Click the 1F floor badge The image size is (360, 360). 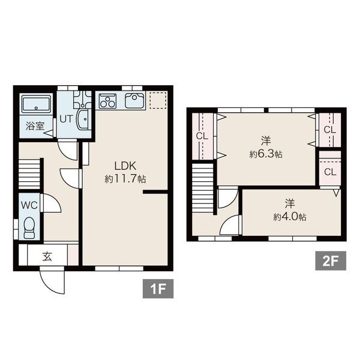click(158, 289)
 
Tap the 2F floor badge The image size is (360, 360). click(331, 260)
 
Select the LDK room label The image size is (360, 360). click(125, 166)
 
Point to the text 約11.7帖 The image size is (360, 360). click(125, 179)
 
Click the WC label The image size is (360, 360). click(29, 205)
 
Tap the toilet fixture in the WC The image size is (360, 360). click(29, 228)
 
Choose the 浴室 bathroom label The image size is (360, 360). click(35, 126)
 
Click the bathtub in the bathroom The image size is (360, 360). click(36, 104)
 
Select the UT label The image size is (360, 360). click(67, 119)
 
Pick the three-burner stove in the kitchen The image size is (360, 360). click(107, 101)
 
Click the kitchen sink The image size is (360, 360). click(134, 100)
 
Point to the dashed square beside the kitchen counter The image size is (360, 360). click(158, 100)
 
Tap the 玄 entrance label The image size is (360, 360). click(47, 256)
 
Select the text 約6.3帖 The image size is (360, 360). click(266, 154)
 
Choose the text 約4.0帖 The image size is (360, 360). click(290, 217)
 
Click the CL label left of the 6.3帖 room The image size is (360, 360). click(202, 136)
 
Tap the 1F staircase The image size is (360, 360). click(29, 174)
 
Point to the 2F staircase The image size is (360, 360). click(203, 188)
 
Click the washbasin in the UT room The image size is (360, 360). click(83, 119)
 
